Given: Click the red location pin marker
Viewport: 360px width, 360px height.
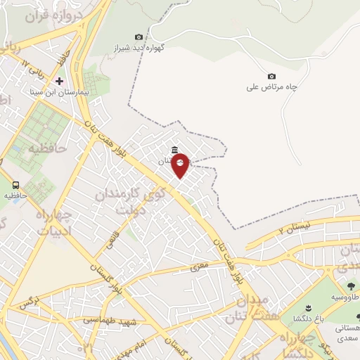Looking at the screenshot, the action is (x=181, y=165).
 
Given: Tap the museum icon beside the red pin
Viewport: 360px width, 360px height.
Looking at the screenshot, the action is (x=174, y=149).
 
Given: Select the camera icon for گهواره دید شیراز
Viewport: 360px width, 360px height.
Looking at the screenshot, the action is (x=139, y=37).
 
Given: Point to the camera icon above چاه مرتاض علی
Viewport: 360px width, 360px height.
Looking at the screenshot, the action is (x=272, y=76).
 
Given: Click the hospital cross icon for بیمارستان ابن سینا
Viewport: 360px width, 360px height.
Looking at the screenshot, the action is (x=59, y=81).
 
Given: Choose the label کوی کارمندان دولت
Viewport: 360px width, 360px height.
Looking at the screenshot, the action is (x=120, y=200).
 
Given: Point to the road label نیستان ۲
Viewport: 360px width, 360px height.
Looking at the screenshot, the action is (x=294, y=227).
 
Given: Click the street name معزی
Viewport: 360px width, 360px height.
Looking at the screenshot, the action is (x=196, y=267).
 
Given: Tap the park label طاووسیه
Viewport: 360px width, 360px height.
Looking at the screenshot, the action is (x=345, y=297).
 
